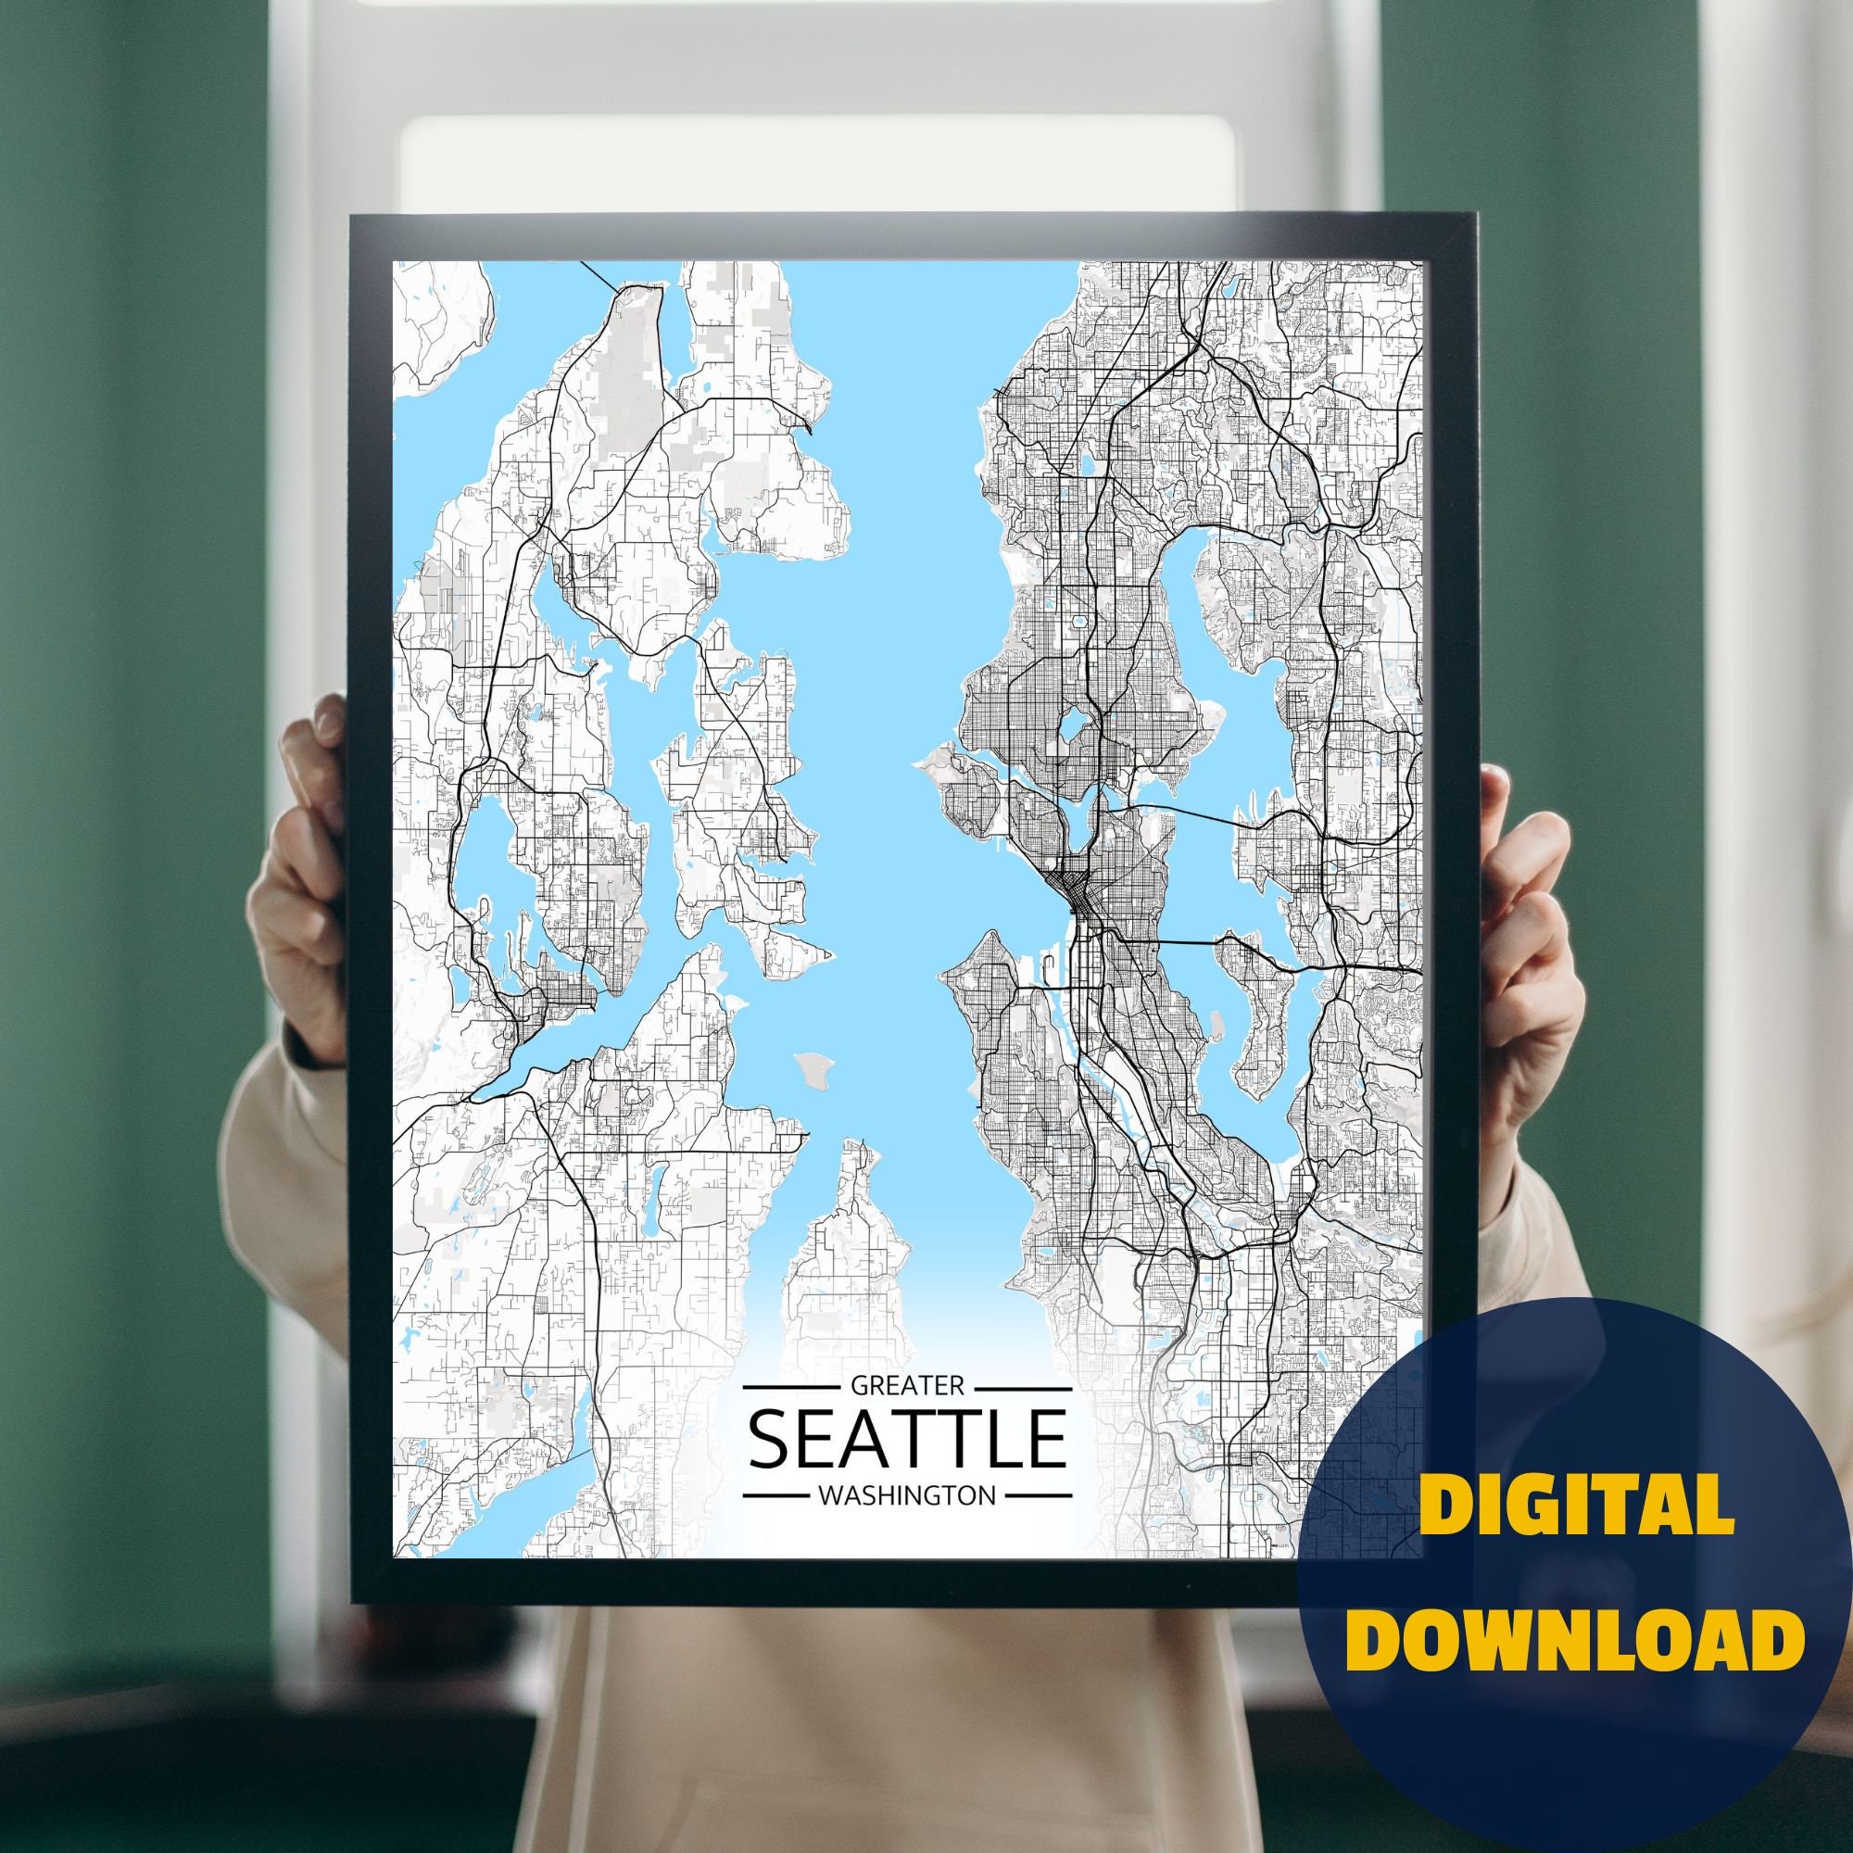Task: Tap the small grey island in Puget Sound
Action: coord(813,1065)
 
